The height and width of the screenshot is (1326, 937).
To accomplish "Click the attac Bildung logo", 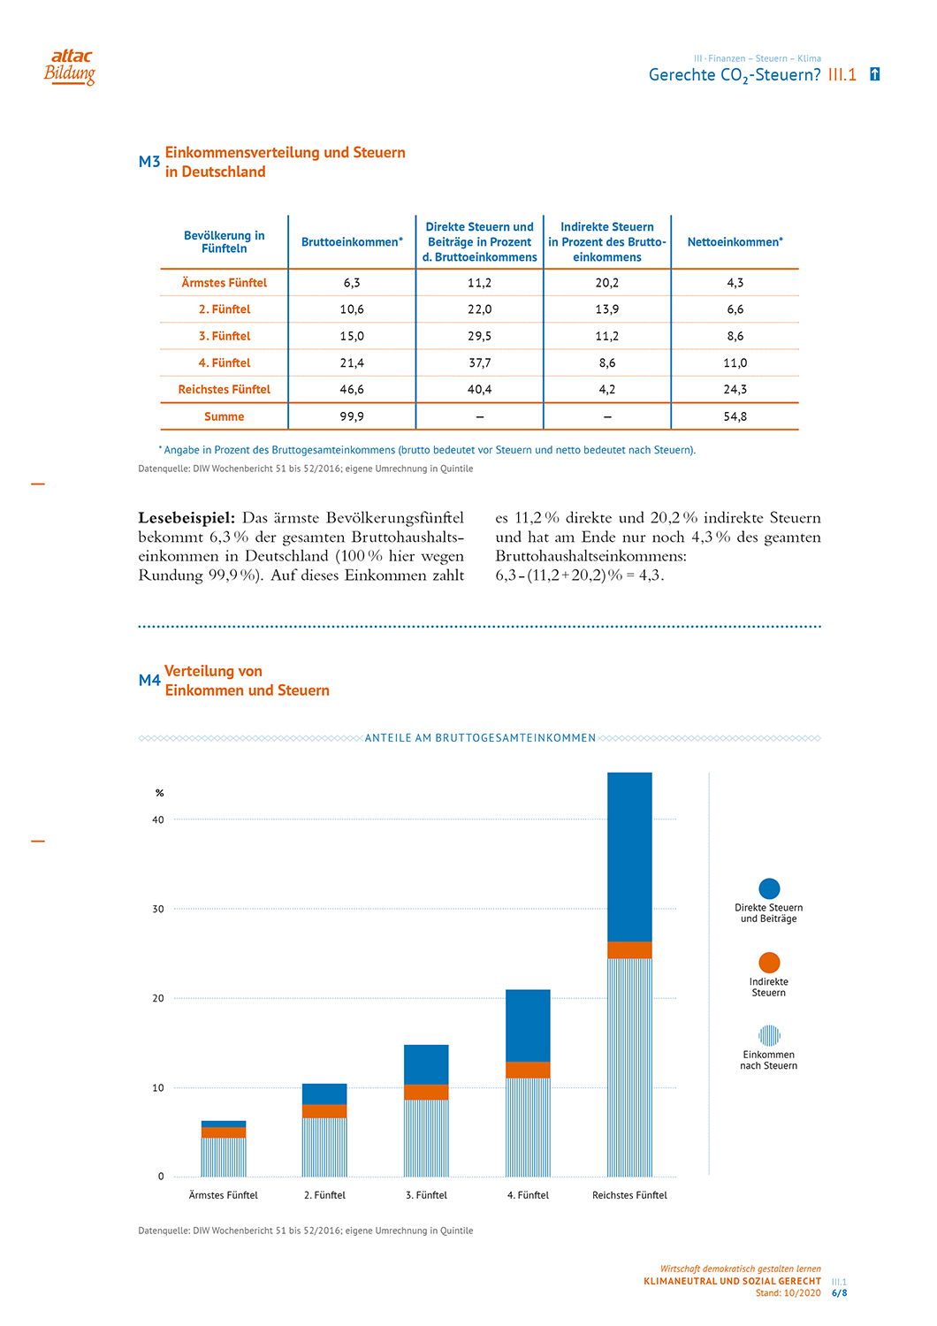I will click(70, 67).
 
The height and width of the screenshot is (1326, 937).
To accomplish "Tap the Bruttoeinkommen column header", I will click(352, 242).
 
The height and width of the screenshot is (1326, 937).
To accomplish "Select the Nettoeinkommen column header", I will click(735, 242).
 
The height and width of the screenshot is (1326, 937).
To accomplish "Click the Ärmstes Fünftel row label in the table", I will click(224, 283).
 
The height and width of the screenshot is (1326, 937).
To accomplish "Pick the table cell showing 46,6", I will click(352, 390).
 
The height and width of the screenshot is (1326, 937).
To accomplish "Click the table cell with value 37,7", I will click(479, 363).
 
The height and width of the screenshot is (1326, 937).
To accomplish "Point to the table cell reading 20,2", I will click(607, 283).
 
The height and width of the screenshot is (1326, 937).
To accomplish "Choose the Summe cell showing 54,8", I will click(735, 416).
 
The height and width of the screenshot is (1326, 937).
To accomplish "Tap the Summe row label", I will click(224, 416).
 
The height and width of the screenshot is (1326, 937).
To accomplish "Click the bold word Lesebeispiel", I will click(187, 518).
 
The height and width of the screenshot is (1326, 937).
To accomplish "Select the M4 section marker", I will click(149, 681).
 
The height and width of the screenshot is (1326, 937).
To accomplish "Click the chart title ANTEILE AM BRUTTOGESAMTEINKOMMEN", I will click(480, 738).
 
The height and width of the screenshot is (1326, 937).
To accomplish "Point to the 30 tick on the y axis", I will click(158, 909).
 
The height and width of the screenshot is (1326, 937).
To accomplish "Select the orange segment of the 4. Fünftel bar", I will click(528, 1070).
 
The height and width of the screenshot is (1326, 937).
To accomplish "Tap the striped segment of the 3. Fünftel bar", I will click(426, 1138).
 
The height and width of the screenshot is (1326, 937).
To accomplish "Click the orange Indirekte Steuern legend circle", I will click(769, 963).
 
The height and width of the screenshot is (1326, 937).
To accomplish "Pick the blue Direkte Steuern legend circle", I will click(769, 888).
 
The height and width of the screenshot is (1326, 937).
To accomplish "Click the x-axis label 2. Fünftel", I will click(324, 1195).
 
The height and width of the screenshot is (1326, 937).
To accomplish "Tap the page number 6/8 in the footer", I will click(839, 1293).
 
